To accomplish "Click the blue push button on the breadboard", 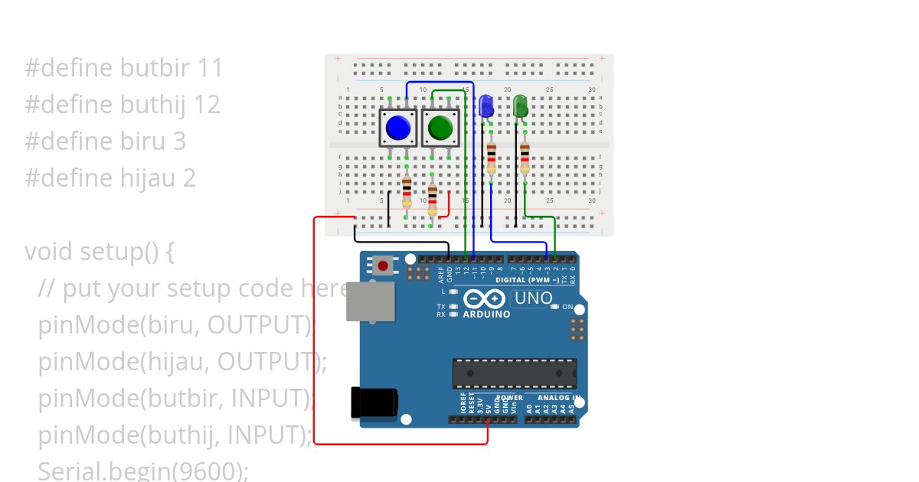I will tap(398, 128).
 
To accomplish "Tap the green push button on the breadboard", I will tap(440, 128).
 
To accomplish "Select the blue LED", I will tap(486, 107).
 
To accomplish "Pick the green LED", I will tap(520, 106).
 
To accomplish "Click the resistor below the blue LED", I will tap(491, 158).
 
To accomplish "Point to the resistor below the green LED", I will tap(525, 158).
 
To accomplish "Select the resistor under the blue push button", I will tap(407, 191).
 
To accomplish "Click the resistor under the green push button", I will tap(433, 200).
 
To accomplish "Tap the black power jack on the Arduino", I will tap(374, 402).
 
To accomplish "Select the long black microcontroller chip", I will tap(514, 373).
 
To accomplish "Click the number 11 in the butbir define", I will tap(209, 68).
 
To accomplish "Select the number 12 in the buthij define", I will tap(207, 105).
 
